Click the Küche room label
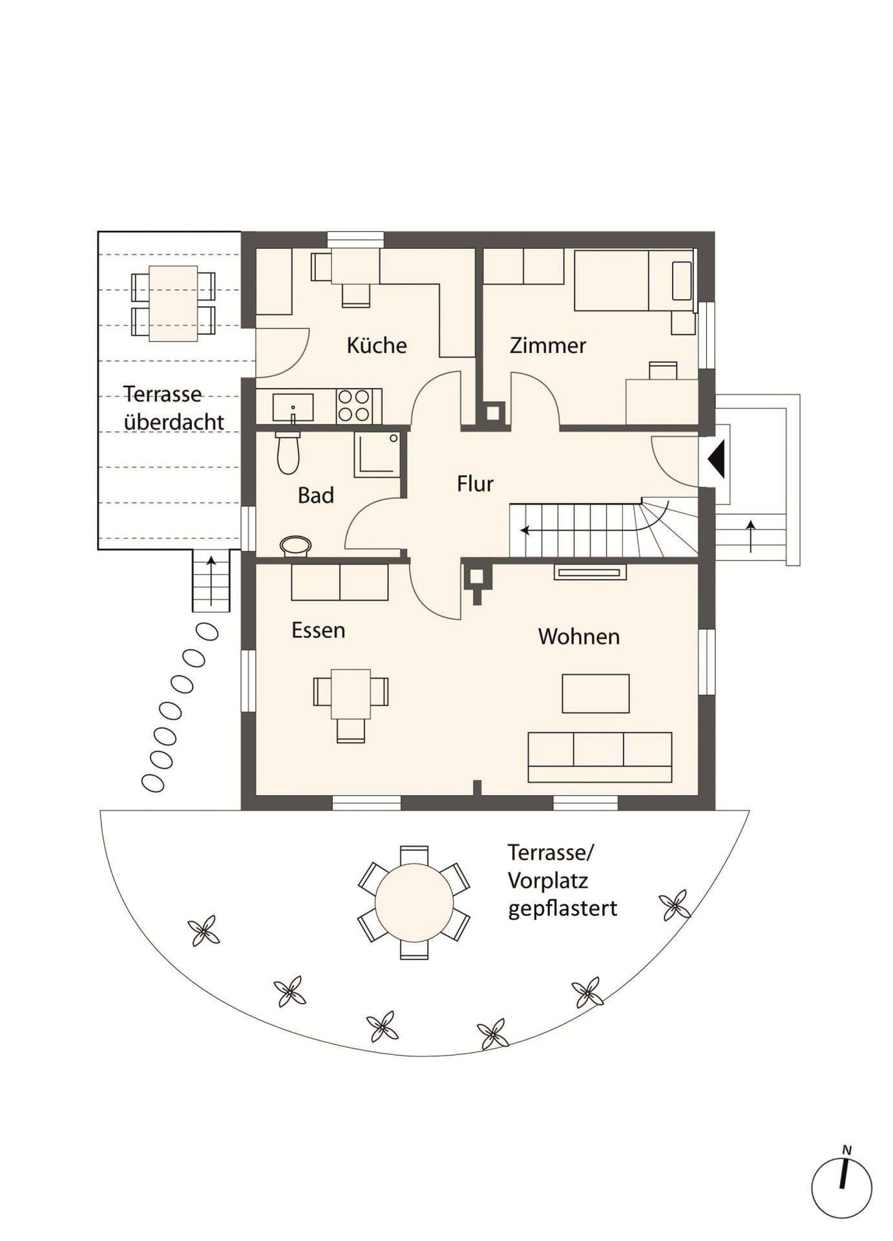point(377,345)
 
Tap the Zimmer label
point(548,345)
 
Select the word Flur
point(475,483)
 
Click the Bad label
point(316,495)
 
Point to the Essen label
point(318,630)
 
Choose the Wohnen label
point(579,637)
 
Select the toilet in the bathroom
point(288,452)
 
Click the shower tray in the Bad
point(377,454)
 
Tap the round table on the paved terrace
point(414,903)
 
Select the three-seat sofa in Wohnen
point(600,758)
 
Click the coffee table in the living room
point(596,694)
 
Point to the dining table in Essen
point(351,694)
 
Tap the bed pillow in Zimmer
point(682,281)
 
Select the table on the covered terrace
point(173,303)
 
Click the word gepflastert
point(562,909)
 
